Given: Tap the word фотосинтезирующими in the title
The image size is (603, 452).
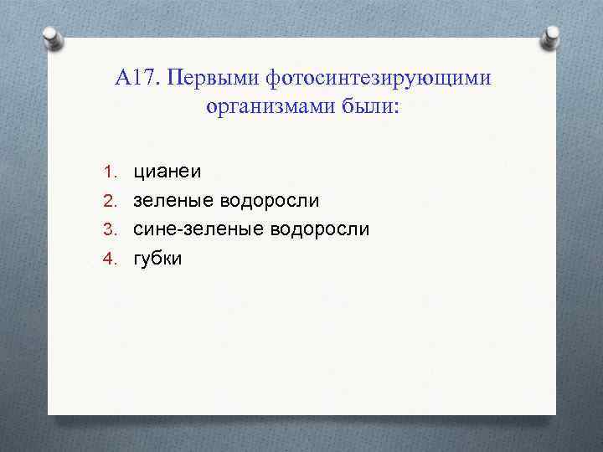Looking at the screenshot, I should (378, 79).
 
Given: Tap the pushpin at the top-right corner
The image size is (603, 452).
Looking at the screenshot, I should (553, 34).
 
